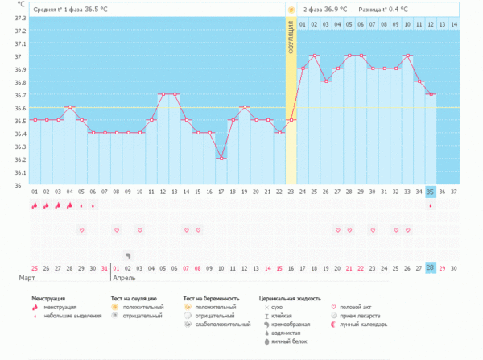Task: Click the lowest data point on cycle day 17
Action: [221, 159]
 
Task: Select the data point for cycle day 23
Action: [291, 120]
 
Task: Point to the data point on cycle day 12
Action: [163, 94]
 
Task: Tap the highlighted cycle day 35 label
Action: [431, 192]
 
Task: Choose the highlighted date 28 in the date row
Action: [431, 267]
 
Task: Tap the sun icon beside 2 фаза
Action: [291, 9]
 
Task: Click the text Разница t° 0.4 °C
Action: [383, 9]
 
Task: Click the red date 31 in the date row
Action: [104, 267]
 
